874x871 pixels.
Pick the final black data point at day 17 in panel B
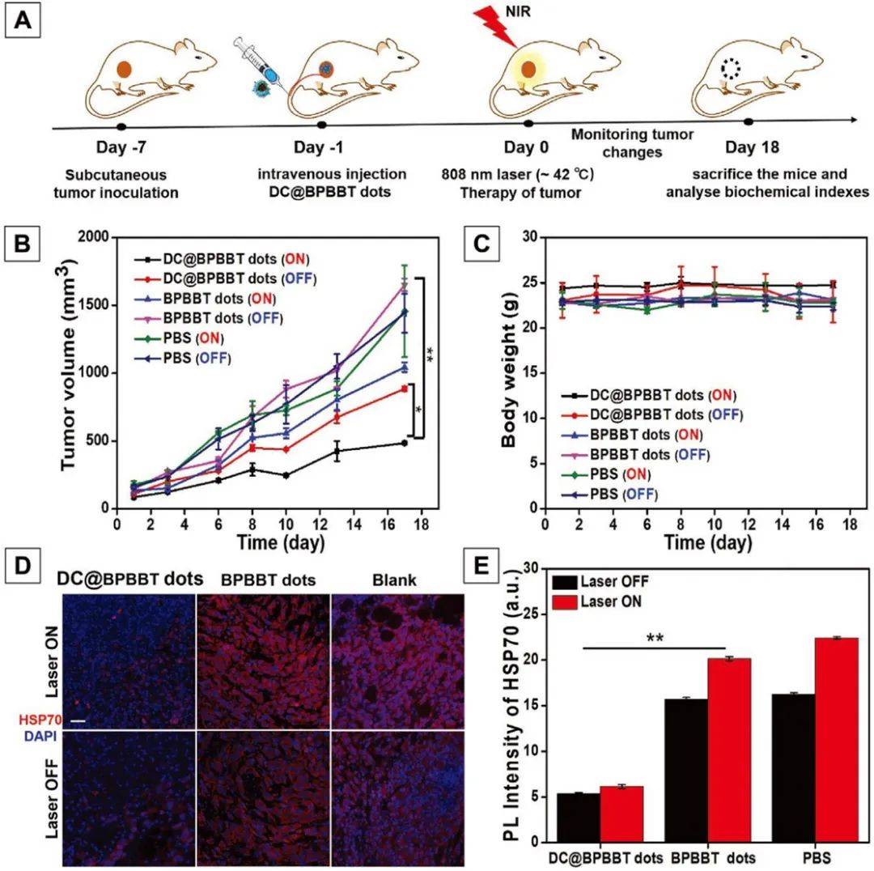coord(403,443)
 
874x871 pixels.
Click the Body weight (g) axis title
coord(507,373)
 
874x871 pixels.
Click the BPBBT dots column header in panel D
coord(263,580)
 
